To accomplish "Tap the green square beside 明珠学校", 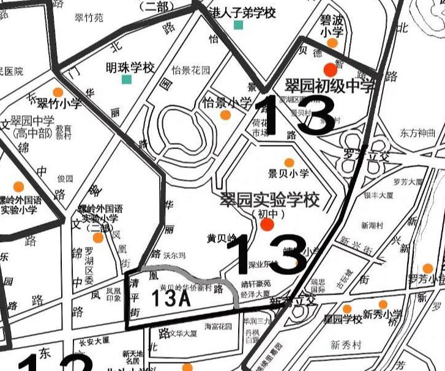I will [127, 79].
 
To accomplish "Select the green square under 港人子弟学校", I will [238, 25].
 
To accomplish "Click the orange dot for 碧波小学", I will [332, 43].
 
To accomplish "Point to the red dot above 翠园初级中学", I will [331, 68].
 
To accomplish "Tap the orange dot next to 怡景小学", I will [225, 115].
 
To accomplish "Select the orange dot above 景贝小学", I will [289, 162].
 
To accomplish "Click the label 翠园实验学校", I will [270, 199].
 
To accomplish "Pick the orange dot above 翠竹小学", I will [58, 92].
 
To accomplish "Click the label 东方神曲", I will [418, 132].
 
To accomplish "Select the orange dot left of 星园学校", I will [347, 309].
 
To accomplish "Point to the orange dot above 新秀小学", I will [383, 304].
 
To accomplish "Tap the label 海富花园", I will [219, 326].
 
